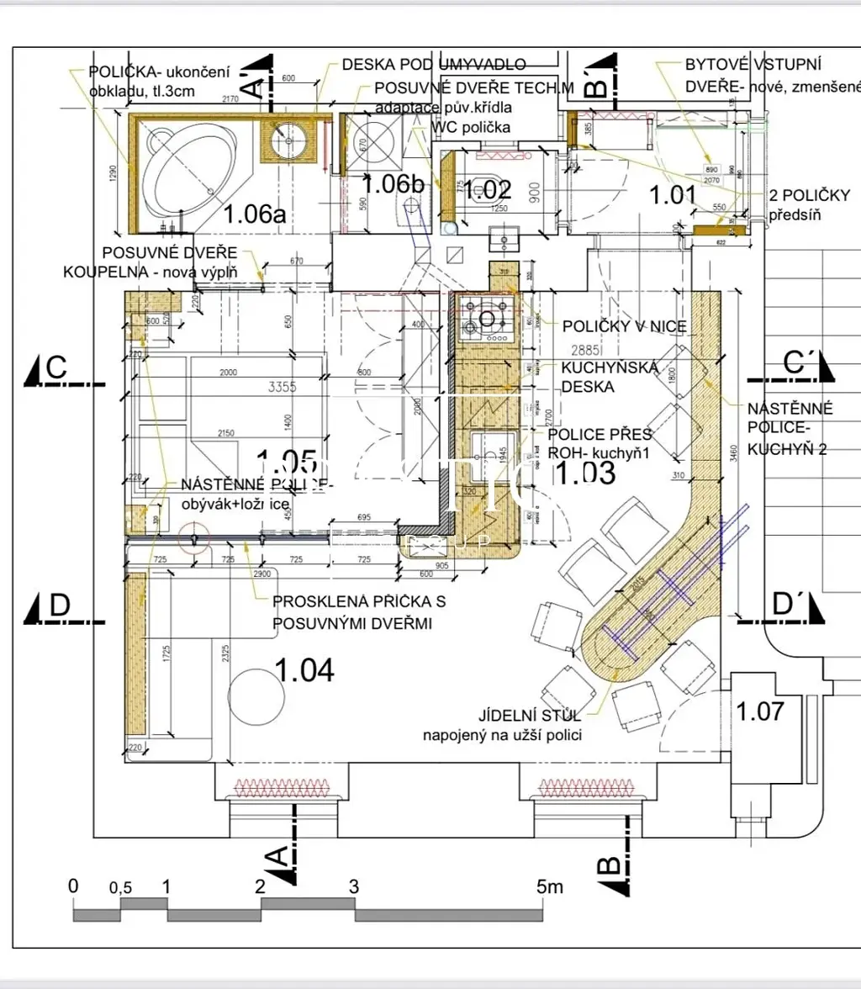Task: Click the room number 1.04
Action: pyautogui.click(x=304, y=671)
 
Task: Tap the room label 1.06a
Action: pyautogui.click(x=255, y=214)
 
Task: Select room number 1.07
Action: pyautogui.click(x=760, y=711)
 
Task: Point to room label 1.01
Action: pyautogui.click(x=673, y=195)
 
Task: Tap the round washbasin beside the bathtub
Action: pyautogui.click(x=290, y=140)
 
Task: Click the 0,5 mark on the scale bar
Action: pyautogui.click(x=121, y=888)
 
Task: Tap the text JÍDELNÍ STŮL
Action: pyautogui.click(x=529, y=717)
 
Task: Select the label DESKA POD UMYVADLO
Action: pyautogui.click(x=434, y=65)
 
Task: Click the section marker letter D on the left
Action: pyautogui.click(x=59, y=605)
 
